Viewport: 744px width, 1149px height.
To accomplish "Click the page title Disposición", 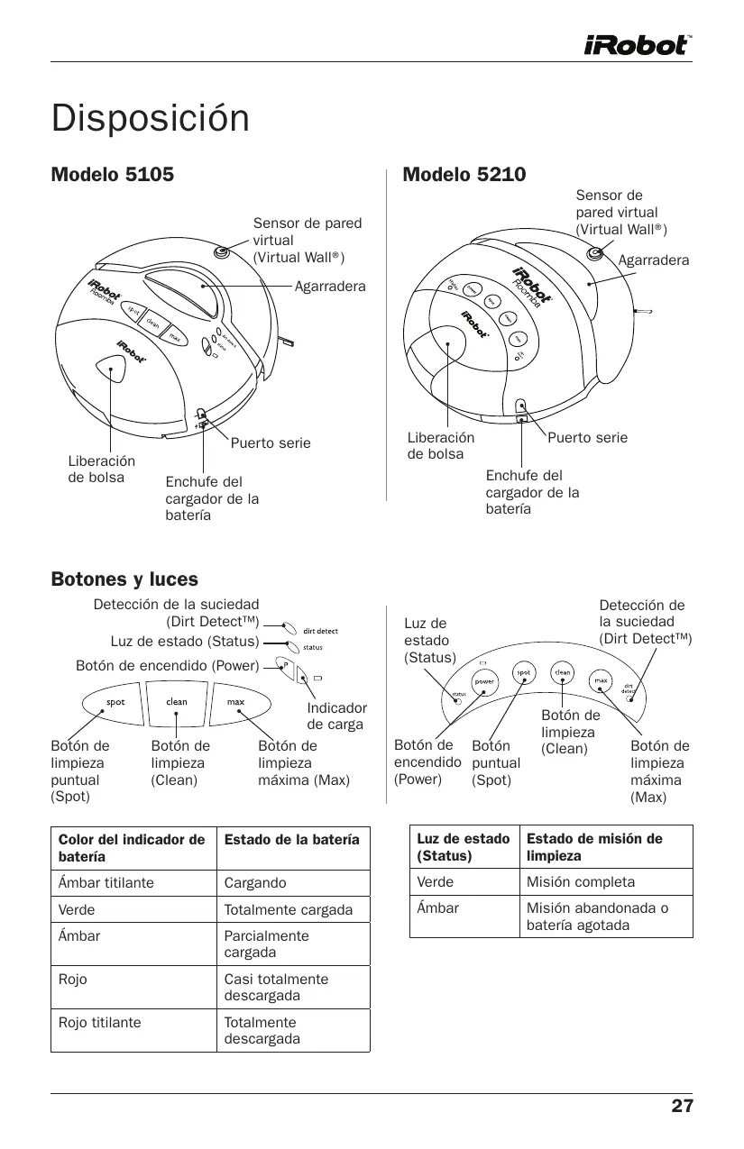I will [150, 118].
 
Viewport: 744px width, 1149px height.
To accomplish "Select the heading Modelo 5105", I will [112, 174].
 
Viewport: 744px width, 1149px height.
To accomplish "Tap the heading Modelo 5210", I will [464, 174].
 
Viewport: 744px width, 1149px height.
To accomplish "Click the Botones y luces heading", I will [124, 579].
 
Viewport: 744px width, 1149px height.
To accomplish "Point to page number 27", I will [682, 1106].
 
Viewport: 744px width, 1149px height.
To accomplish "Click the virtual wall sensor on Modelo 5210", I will [594, 254].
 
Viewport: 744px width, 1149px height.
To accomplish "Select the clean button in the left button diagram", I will [177, 702].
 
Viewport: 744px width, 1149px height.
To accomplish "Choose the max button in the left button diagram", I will [235, 702].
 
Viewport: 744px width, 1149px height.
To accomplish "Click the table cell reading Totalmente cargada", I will [288, 910].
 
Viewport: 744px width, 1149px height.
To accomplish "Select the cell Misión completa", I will [581, 881].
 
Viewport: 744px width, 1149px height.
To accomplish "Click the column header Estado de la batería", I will [291, 839].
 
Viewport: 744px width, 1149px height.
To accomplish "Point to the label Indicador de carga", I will [336, 716].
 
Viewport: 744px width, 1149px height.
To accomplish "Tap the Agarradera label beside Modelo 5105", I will [330, 287].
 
